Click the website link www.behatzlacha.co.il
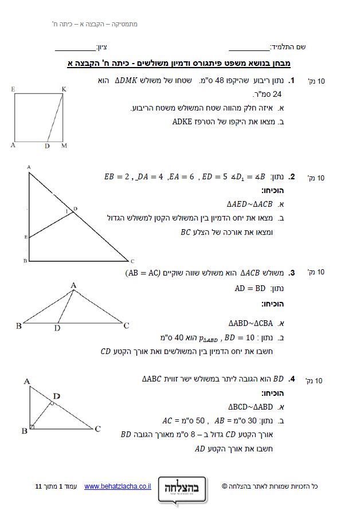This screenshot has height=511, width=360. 118,486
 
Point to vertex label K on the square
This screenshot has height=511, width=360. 64,89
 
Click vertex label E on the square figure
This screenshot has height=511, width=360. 12,89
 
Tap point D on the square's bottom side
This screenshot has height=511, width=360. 46,146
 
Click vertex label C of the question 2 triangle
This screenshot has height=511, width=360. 132,260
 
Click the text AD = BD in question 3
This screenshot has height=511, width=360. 250,288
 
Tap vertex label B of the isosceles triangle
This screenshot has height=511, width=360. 18,326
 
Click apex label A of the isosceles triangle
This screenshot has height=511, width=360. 73,285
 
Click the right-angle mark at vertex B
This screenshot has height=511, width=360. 32,426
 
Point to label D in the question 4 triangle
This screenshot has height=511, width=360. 56,396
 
